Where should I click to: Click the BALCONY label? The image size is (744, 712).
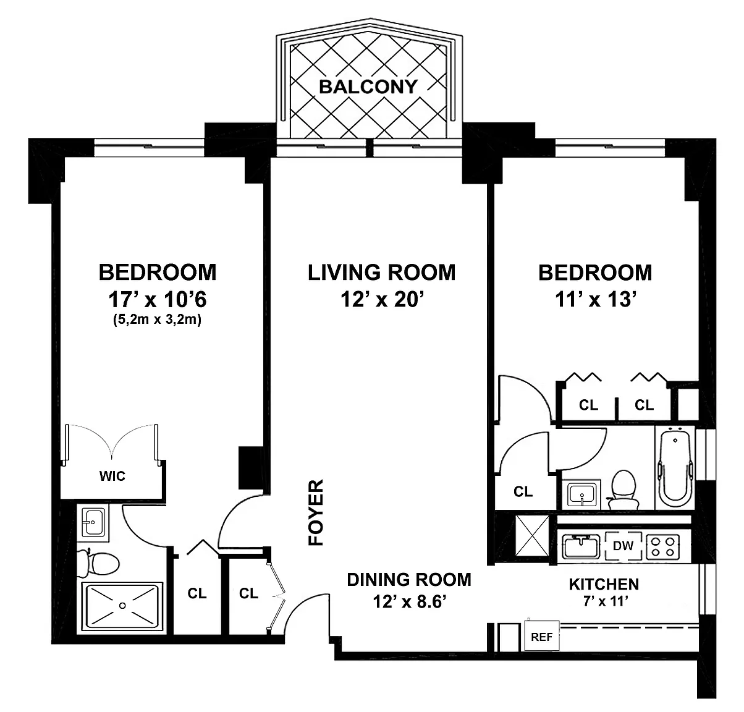(x=368, y=87)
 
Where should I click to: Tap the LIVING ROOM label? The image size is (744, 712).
(x=381, y=273)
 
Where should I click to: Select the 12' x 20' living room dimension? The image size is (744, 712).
(x=382, y=299)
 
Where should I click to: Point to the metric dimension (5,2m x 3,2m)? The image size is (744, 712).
(x=157, y=320)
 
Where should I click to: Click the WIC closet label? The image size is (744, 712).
(x=112, y=476)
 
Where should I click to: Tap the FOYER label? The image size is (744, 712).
(x=316, y=512)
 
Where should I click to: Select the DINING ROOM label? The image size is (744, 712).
(x=409, y=580)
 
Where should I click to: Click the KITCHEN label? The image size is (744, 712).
(x=604, y=584)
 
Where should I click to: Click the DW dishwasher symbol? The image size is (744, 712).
(x=623, y=546)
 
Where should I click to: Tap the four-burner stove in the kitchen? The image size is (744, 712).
(x=663, y=546)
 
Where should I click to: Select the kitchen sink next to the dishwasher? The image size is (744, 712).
(x=581, y=546)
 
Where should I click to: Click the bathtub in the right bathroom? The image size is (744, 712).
(x=675, y=468)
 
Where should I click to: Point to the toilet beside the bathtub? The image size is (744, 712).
(x=623, y=490)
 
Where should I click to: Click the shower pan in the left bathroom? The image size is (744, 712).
(x=122, y=606)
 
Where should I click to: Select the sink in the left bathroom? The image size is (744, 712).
(x=93, y=523)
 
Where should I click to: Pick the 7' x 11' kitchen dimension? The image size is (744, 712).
(x=606, y=601)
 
